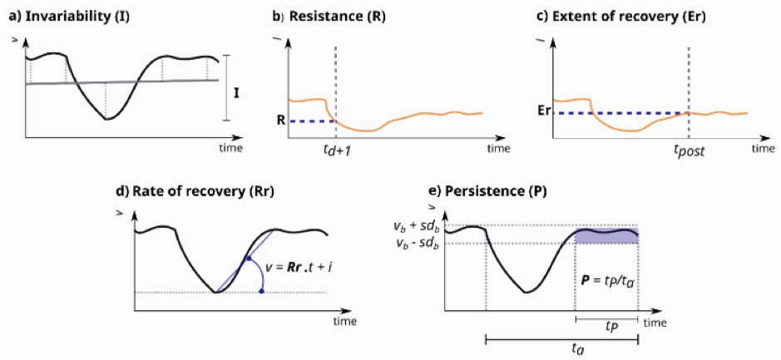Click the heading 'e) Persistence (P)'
[477, 191]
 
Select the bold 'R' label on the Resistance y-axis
[280, 121]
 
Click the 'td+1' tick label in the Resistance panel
[337, 150]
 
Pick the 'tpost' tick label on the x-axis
[689, 151]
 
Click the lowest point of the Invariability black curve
[106, 119]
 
